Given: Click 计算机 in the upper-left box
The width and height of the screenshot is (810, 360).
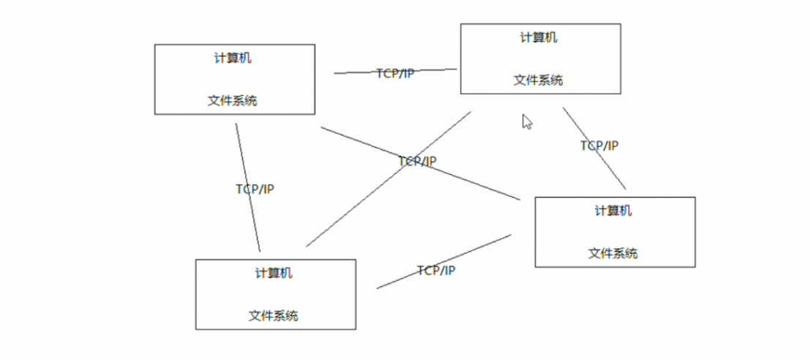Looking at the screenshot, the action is coord(233,59).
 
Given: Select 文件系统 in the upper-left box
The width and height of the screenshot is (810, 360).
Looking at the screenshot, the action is coord(233,101).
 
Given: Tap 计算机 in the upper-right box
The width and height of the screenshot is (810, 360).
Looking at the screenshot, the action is coord(539,37).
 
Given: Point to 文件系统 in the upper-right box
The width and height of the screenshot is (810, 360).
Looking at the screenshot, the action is coord(539,80).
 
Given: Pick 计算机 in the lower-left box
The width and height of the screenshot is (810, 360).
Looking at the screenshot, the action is coord(274,274).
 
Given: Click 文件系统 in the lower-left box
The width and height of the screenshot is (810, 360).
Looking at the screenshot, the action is coord(274,316).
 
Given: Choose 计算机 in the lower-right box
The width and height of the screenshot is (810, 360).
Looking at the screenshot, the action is coord(613,211).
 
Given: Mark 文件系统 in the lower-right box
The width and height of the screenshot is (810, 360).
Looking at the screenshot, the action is coord(613,253).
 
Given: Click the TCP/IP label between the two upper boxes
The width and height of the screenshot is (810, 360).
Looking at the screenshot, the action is coord(395,73).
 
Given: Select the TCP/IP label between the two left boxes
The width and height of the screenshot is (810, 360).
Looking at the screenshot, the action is coord(255,189).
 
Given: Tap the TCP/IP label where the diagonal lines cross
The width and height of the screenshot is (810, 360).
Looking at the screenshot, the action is coord(417,161).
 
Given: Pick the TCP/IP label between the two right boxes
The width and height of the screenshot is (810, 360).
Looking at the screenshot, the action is coord(599,146).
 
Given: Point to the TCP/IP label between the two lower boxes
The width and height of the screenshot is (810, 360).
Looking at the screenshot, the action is coord(436,271).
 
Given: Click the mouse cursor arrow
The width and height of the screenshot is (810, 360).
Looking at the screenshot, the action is coord(526,121).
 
